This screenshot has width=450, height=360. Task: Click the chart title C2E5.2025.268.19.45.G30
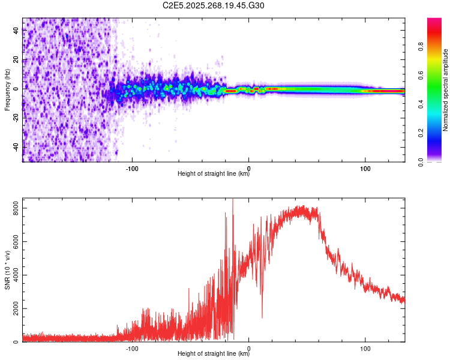click(214, 5)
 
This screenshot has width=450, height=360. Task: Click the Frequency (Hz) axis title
click(7, 90)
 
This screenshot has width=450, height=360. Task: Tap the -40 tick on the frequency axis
click(16, 146)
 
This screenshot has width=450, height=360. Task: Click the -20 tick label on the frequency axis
click(16, 118)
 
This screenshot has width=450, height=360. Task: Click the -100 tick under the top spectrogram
click(132, 168)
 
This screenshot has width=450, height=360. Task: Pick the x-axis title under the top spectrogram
click(214, 175)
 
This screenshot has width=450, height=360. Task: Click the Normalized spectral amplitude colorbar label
click(446, 90)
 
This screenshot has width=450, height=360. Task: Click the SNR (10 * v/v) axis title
click(7, 271)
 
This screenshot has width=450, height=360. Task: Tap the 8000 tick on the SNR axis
click(13, 208)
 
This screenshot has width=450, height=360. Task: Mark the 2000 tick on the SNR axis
click(13, 309)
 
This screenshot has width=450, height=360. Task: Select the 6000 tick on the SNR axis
click(13, 242)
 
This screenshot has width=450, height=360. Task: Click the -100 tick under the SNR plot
click(132, 348)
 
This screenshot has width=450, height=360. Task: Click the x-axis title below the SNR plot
click(214, 354)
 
